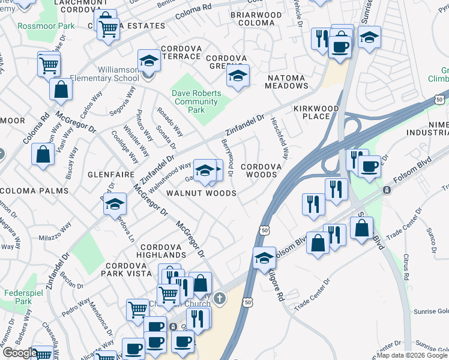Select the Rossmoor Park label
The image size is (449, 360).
pyautogui.click(x=46, y=26)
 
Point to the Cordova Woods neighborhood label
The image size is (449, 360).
pyautogui.click(x=259, y=170)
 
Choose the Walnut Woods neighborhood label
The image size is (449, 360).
pyautogui.click(x=201, y=193)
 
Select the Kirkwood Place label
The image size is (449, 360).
pyautogui.click(x=316, y=112)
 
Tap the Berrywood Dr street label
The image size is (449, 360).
pyautogui.click(x=228, y=157)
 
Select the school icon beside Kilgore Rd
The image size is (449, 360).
pyautogui.click(x=264, y=258)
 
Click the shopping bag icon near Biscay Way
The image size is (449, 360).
pyautogui.click(x=43, y=154)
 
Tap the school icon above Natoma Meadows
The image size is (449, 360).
pyautogui.click(x=238, y=76)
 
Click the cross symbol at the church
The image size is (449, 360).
pyautogui.click(x=220, y=298)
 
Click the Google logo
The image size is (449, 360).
pyautogui.click(x=19, y=353)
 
